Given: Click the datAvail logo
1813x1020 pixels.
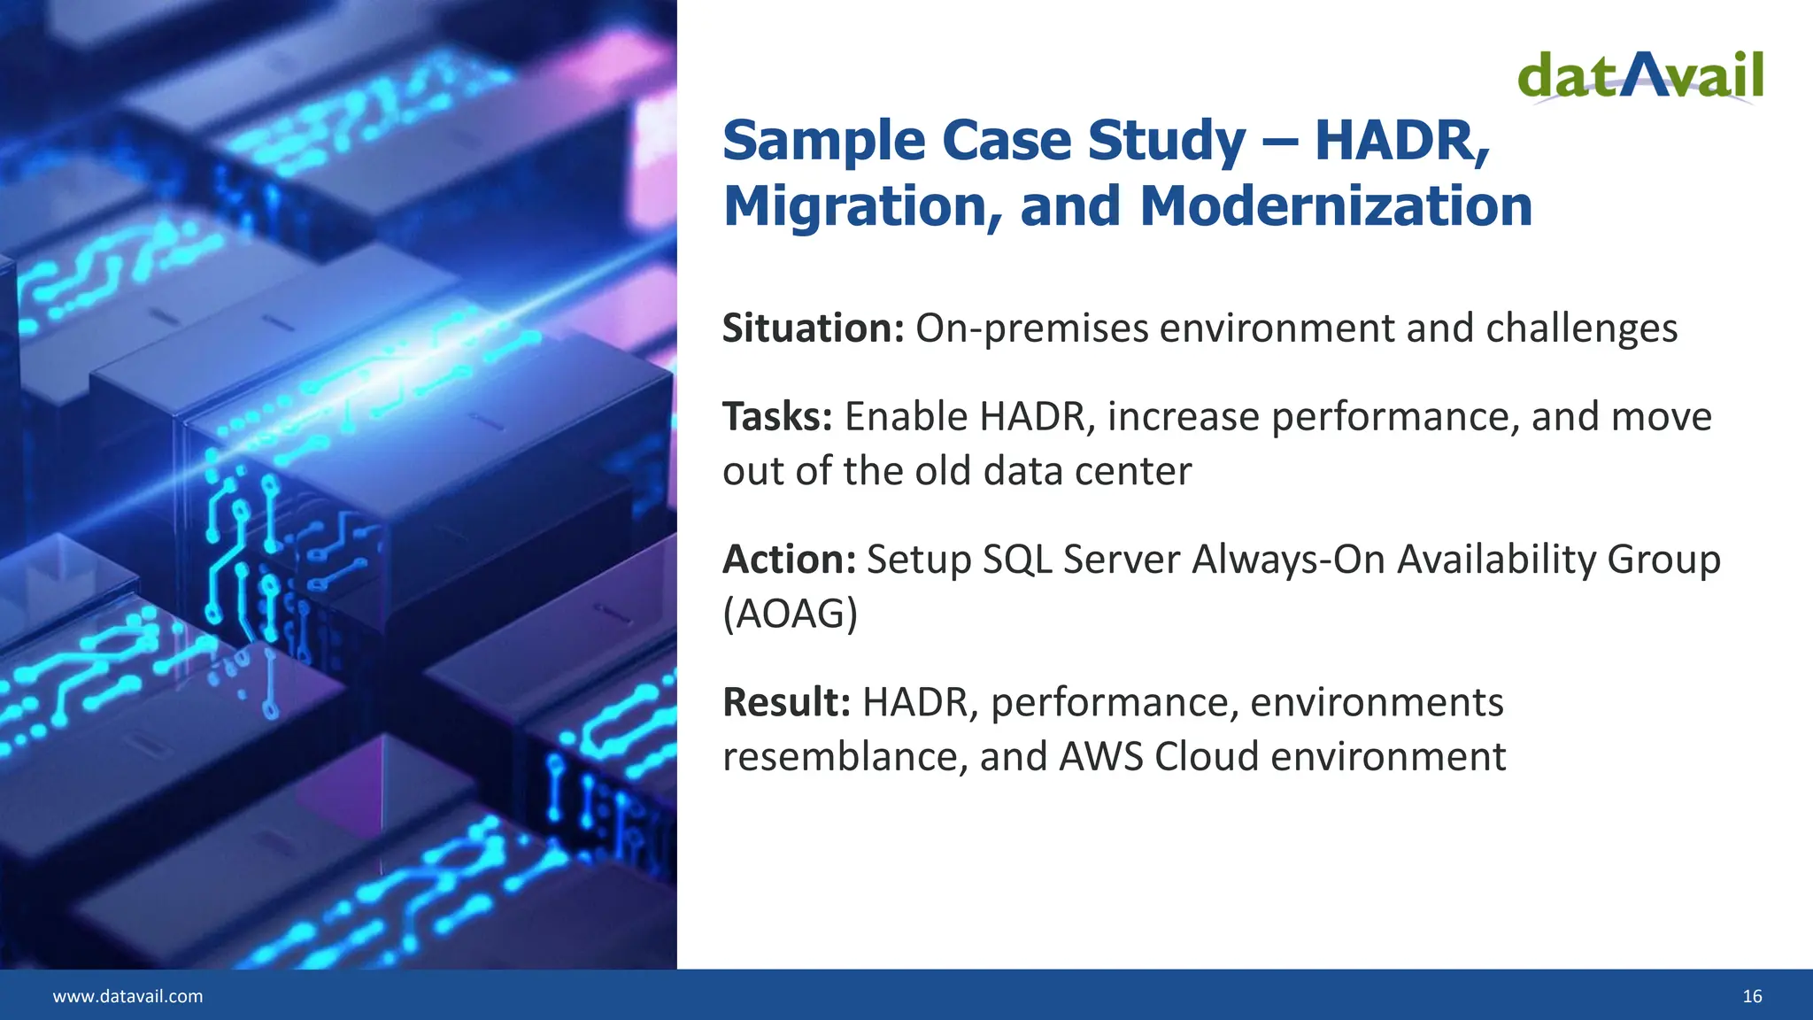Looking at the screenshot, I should pyautogui.click(x=1640, y=76).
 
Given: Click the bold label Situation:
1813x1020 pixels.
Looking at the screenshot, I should pyautogui.click(x=813, y=328).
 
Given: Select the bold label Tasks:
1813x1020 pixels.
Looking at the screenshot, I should pyautogui.click(x=777, y=417).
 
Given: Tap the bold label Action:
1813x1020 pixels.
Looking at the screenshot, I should pyautogui.click(x=789, y=560).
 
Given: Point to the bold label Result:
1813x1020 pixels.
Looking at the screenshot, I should pyautogui.click(x=786, y=702).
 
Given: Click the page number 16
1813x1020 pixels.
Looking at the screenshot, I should pyautogui.click(x=1752, y=996).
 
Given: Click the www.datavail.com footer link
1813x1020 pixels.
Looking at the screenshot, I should pyautogui.click(x=127, y=996).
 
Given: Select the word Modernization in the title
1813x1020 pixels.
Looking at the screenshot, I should pyautogui.click(x=1336, y=206).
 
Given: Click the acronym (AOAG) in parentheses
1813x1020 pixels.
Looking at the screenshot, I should pyautogui.click(x=790, y=614).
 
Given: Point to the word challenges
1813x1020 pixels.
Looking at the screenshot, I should pyautogui.click(x=1581, y=328).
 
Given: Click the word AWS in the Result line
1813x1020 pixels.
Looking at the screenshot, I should pyautogui.click(x=1101, y=757).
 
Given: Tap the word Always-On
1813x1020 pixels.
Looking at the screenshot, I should pyautogui.click(x=1288, y=560).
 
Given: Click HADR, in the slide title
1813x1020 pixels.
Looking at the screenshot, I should pyautogui.click(x=1402, y=141).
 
